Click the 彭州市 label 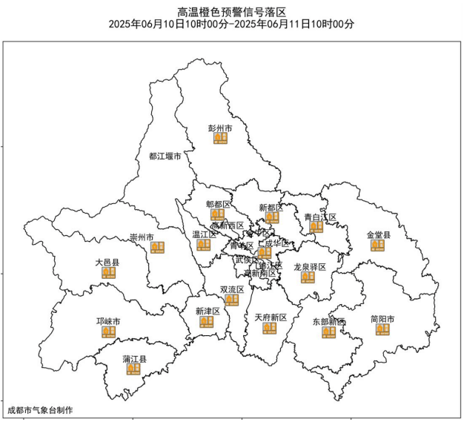220,128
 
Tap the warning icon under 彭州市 220,138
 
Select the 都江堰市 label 165,156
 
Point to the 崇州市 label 142,237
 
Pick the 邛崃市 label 109,321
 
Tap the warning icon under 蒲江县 133,369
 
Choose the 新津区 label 208,311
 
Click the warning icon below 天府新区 270,328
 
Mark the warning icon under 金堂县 378,245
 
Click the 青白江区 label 320,217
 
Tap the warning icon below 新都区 272,217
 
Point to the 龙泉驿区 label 310,266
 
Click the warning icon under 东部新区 329,332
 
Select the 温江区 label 204,234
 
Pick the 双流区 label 232,289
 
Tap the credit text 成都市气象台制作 40,409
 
